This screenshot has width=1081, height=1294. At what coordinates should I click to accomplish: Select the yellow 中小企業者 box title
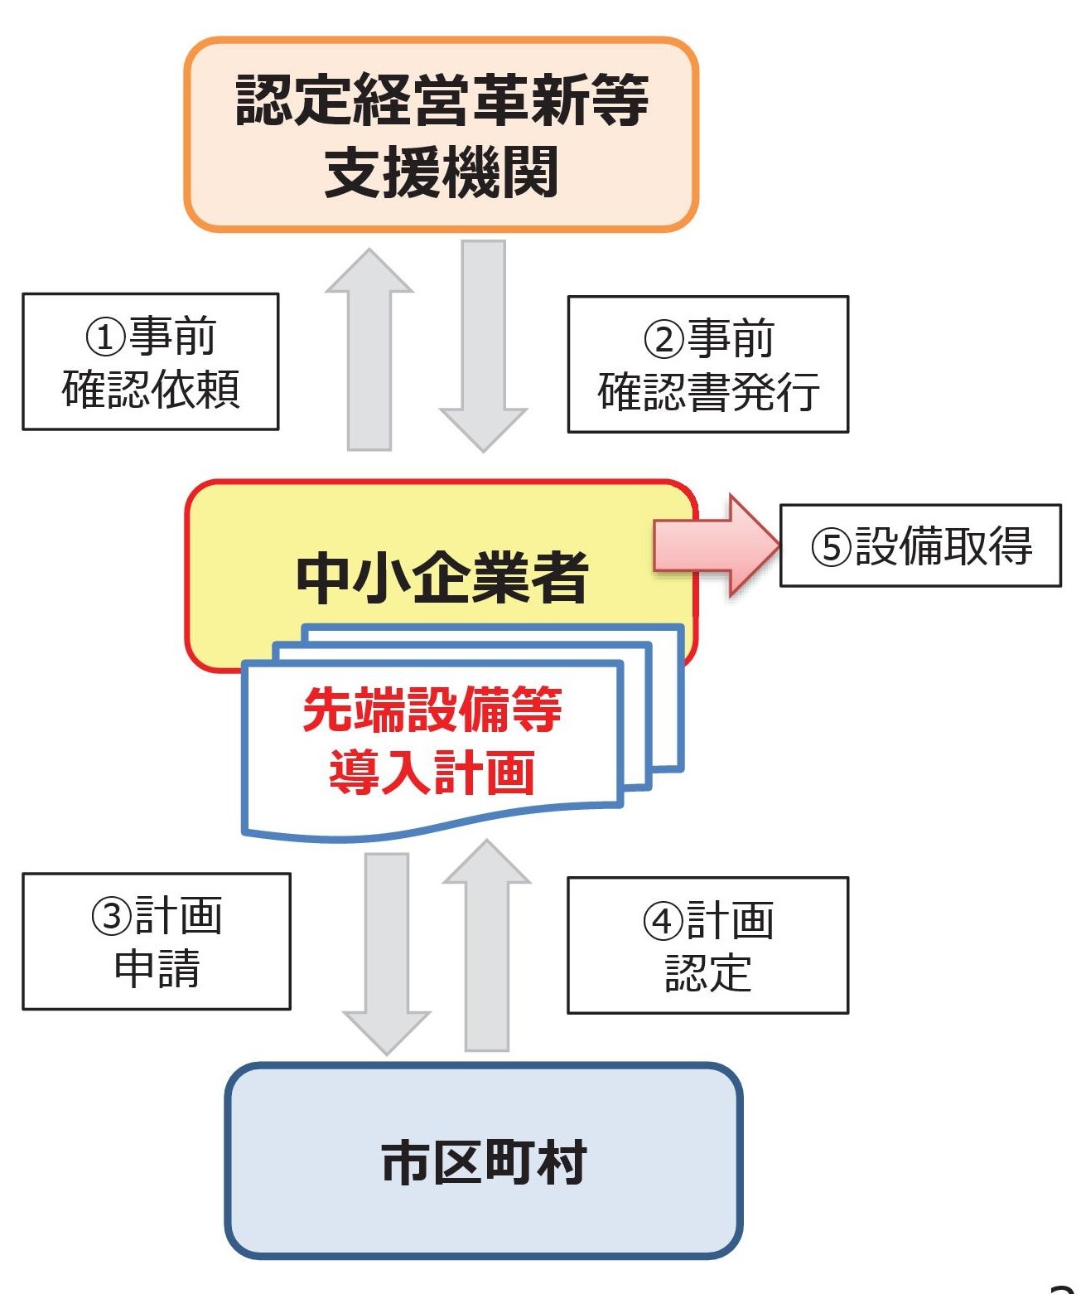[x=442, y=577]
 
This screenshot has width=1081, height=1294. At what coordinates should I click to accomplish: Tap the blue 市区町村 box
[x=484, y=1161]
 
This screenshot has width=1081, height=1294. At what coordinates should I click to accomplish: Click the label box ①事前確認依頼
[x=150, y=361]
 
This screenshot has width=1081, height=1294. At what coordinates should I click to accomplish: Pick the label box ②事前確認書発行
[x=707, y=365]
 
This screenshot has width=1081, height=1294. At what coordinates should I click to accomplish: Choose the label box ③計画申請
[x=156, y=941]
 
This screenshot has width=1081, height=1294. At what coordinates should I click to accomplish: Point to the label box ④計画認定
[x=707, y=945]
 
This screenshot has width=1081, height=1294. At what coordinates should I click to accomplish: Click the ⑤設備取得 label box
[x=920, y=545]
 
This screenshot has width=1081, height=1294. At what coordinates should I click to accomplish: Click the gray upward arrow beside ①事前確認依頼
[x=369, y=352]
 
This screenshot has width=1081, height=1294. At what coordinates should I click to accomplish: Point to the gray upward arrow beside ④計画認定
[x=487, y=945]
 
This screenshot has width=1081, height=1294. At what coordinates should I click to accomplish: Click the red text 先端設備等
[x=432, y=710]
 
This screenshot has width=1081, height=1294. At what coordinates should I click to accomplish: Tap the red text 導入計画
[x=432, y=773]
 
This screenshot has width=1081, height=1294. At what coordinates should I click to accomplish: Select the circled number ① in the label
[x=107, y=337]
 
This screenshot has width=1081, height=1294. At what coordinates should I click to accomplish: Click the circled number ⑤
[x=832, y=547]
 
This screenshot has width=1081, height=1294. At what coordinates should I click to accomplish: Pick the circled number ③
[x=112, y=917]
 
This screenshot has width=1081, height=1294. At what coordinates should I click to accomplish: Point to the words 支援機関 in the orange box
[x=441, y=172]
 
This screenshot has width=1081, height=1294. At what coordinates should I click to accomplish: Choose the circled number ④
[x=664, y=921]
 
